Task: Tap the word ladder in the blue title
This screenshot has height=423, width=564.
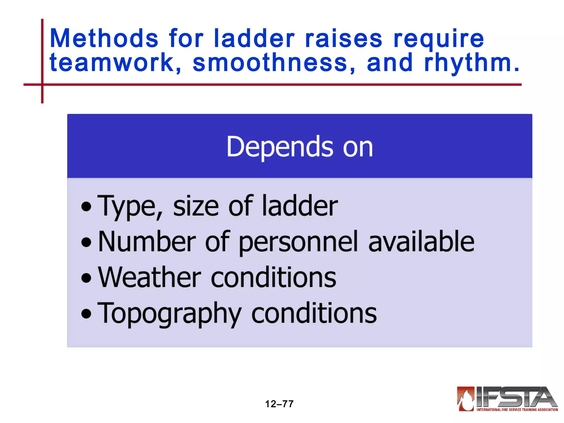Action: coord(254,39)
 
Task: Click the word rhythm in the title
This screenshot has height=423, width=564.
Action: coord(468,63)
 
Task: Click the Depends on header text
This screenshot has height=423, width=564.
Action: coord(300,147)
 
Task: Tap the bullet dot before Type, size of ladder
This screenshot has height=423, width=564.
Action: coord(86,207)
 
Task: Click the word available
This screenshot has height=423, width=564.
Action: coord(421,242)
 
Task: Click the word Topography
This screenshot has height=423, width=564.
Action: coord(169,313)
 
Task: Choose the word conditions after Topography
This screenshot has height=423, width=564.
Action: coord(314,313)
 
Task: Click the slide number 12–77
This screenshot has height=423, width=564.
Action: coord(279,404)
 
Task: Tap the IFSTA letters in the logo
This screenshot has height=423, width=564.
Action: coord(515,397)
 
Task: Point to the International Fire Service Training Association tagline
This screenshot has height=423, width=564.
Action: coord(517,410)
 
